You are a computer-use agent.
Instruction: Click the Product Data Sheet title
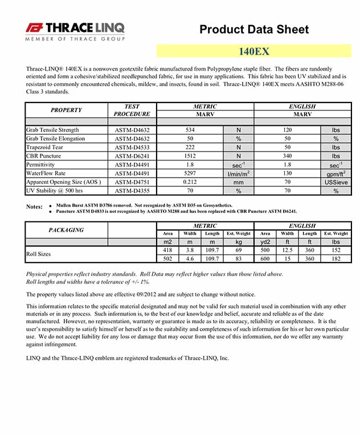click(254, 30)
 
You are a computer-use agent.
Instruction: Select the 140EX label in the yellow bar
click(254, 51)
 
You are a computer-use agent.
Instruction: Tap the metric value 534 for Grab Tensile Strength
click(190, 130)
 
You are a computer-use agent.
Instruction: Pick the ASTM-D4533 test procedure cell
click(132, 147)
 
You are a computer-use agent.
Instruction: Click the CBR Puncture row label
click(44, 156)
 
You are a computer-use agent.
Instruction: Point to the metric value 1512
click(190, 156)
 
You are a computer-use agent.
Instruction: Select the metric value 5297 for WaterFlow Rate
click(190, 173)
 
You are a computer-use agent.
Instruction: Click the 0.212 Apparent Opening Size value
click(190, 182)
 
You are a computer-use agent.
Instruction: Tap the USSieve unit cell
click(336, 182)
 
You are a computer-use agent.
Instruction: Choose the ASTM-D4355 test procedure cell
click(132, 190)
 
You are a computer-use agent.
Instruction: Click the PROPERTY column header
click(66, 110)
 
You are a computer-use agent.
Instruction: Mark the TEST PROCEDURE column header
click(132, 110)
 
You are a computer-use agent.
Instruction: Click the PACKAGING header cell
click(66, 230)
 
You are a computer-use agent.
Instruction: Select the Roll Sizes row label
click(39, 254)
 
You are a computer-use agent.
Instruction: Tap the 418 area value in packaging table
click(167, 250)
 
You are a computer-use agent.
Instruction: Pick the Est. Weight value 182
click(336, 258)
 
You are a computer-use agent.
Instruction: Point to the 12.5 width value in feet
click(288, 250)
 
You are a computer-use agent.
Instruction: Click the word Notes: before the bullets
click(35, 206)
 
